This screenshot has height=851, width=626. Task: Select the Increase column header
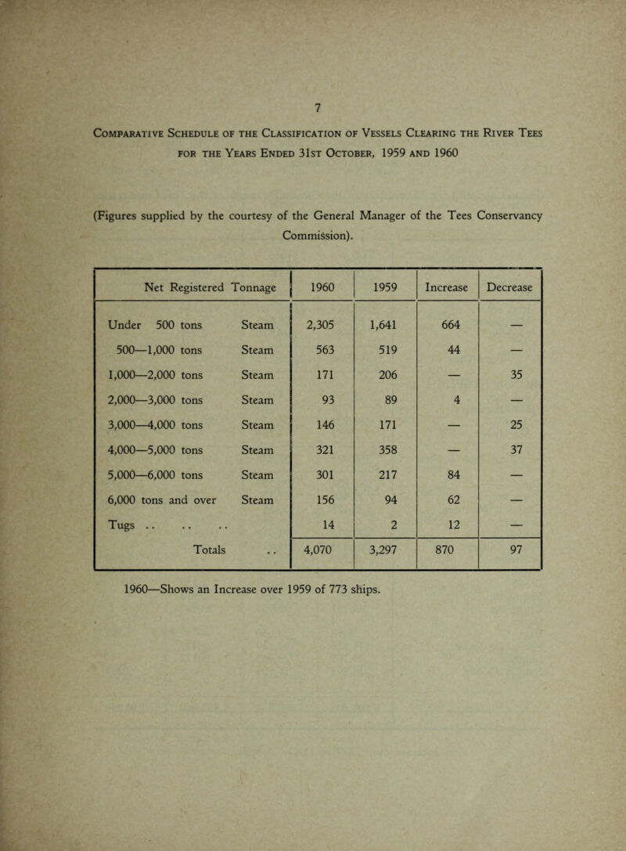[x=444, y=287]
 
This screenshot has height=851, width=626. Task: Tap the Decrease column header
[x=510, y=287]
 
